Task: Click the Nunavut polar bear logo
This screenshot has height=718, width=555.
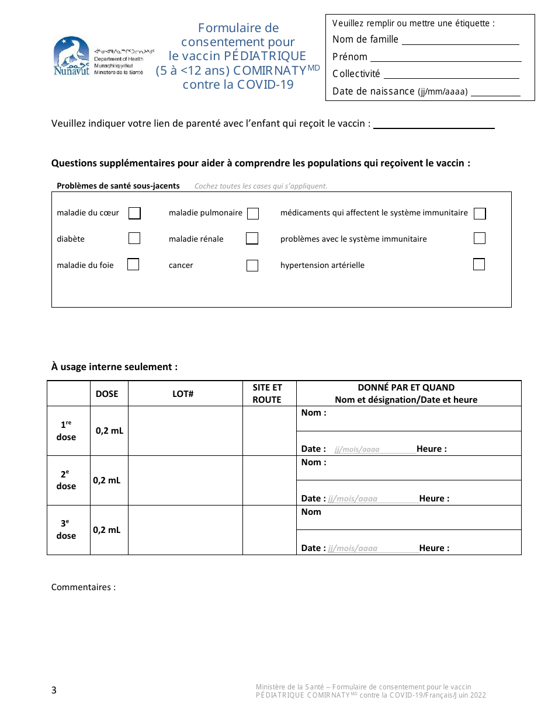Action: [71, 56]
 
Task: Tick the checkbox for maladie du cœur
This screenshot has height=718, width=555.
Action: [134, 213]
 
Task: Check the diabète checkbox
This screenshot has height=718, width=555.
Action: [134, 238]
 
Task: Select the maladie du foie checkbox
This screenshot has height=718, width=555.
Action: [133, 264]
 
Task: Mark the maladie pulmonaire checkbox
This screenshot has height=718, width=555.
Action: [253, 214]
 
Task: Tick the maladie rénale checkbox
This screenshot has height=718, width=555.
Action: [252, 238]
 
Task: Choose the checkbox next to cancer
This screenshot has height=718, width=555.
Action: [252, 266]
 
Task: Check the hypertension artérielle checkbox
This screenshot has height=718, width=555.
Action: [479, 264]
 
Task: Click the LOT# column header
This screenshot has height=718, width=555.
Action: [183, 394]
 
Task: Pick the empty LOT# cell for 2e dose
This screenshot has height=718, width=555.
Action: [185, 480]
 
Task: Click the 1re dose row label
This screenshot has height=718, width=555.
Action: [67, 431]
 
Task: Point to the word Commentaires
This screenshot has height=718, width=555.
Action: [83, 587]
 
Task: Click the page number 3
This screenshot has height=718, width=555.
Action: [54, 691]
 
